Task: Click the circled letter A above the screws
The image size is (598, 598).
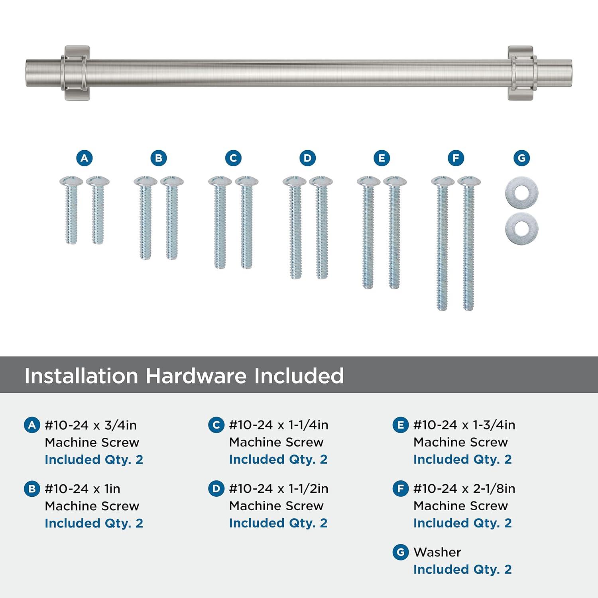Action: [x=84, y=158]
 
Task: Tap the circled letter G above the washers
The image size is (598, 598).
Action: [x=521, y=158]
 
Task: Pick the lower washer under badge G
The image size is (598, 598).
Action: [x=521, y=229]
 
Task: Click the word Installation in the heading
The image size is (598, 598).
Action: [x=81, y=376]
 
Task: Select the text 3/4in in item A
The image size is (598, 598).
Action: [x=120, y=425]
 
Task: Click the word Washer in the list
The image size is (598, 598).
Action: [x=437, y=552]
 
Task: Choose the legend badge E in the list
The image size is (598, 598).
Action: [x=400, y=425]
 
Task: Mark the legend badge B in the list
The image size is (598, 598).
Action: [x=32, y=489]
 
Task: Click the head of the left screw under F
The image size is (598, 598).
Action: [x=443, y=181]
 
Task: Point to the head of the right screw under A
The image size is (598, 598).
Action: [x=98, y=181]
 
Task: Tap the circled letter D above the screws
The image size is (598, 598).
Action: [x=307, y=158]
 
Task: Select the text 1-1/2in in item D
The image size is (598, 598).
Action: [x=309, y=488]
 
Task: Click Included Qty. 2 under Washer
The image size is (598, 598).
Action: [x=462, y=569]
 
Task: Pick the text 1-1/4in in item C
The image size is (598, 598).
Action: [x=309, y=425]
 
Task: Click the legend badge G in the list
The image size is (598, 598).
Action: [x=400, y=552]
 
